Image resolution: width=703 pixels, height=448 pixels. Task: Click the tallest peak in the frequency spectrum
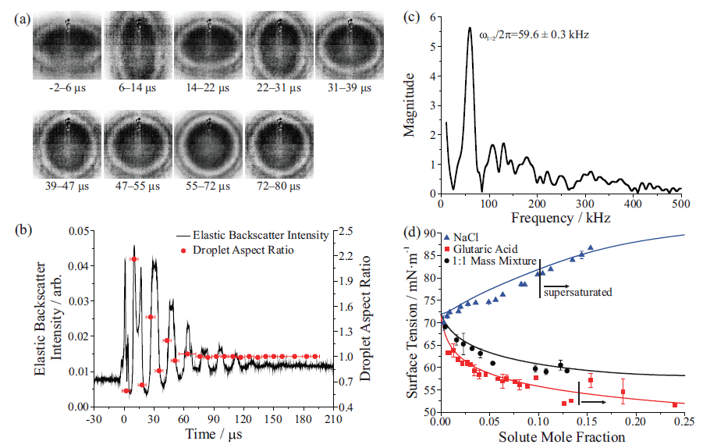(470, 28)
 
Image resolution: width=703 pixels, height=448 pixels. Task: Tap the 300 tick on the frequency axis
(585, 204)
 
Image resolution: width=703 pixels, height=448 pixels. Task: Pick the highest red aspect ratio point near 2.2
(133, 259)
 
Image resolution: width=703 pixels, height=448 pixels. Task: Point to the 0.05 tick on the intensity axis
(78, 231)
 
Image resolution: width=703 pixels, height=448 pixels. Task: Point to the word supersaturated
(577, 293)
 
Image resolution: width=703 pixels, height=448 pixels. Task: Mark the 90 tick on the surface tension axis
(428, 234)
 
